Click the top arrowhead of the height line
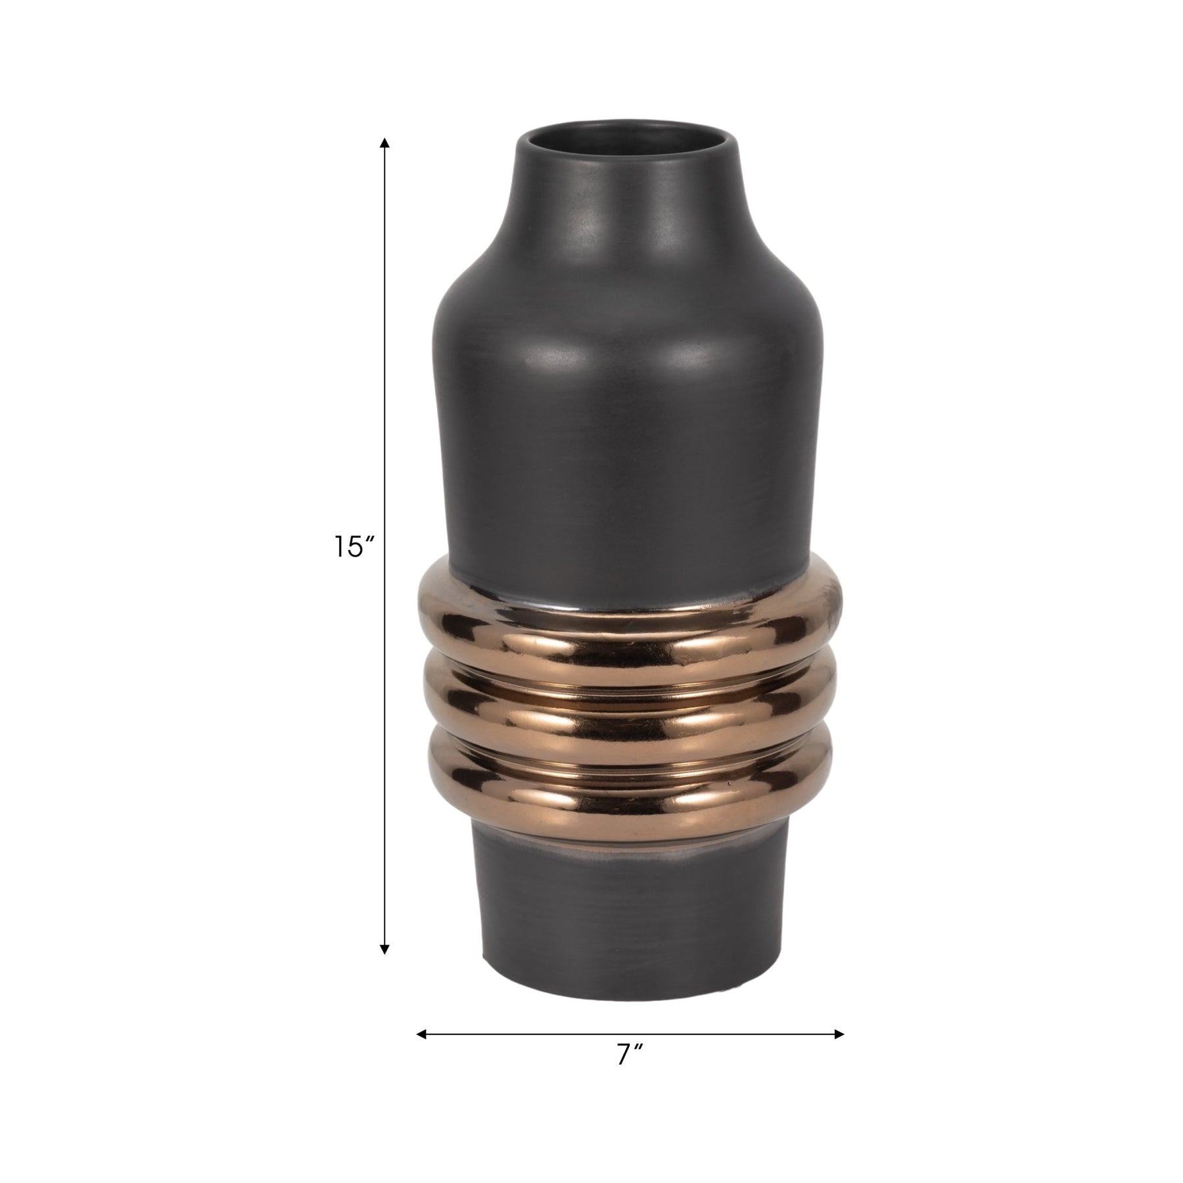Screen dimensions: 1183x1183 click(x=385, y=143)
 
